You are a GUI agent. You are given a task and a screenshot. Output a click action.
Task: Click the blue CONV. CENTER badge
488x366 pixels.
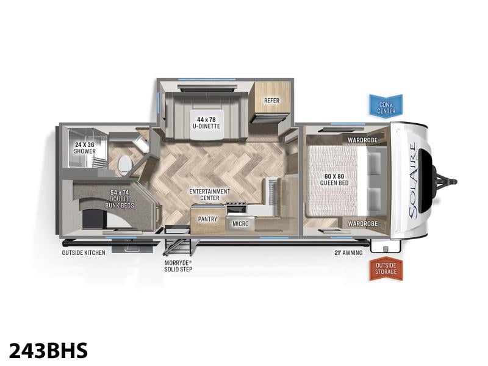click(386, 106)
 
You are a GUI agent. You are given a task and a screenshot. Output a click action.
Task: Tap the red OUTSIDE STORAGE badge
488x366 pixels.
click(386, 268)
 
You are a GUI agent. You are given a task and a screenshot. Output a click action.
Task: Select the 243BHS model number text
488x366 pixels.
click(49, 351)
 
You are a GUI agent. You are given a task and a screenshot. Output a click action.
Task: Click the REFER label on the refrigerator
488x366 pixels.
click(271, 101)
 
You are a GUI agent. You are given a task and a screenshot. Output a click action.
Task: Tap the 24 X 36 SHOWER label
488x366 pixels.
click(84, 148)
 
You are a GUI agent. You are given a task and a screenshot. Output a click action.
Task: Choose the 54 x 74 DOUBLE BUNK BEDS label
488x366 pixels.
click(120, 199)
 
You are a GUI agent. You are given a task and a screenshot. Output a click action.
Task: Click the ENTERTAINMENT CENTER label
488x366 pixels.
click(209, 195)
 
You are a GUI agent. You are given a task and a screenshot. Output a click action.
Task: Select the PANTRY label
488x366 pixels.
click(207, 219)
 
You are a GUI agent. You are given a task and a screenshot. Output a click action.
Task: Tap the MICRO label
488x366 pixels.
click(240, 223)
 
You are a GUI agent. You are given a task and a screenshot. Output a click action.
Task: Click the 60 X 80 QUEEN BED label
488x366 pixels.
click(334, 179)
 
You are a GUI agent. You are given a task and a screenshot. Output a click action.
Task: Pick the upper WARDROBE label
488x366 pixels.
click(362, 140)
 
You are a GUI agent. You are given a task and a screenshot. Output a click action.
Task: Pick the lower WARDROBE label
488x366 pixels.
click(362, 223)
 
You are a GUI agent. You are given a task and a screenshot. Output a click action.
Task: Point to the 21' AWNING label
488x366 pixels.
click(348, 253)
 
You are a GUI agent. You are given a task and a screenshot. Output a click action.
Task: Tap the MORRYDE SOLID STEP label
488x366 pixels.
click(178, 266)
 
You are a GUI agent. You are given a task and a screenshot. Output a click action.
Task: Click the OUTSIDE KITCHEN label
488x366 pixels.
click(84, 253)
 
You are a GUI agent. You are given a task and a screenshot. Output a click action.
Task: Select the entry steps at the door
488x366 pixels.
click(177, 240)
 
